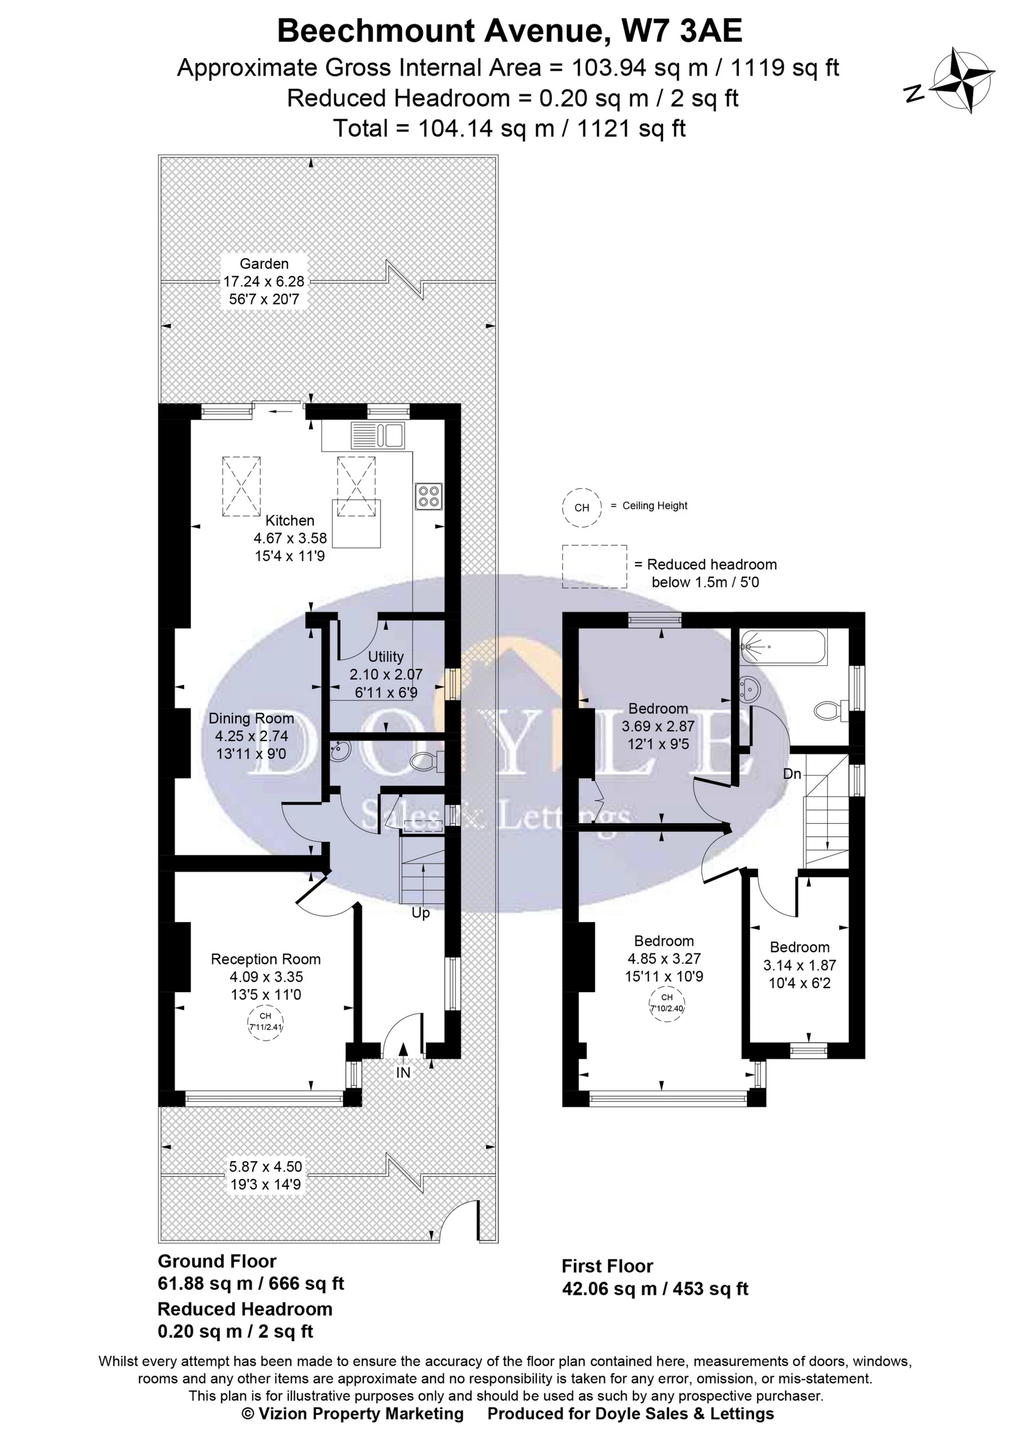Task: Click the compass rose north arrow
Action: [961, 81]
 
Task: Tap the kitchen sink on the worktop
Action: [377, 435]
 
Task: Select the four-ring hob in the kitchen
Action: [428, 496]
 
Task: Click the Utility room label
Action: [386, 657]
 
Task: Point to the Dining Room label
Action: [251, 718]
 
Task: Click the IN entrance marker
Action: [403, 1073]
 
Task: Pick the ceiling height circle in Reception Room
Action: [265, 1022]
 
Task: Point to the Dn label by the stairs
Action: [792, 774]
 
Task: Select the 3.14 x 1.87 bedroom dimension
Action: [799, 965]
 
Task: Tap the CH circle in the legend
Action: [581, 507]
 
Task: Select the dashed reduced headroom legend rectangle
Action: [594, 566]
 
